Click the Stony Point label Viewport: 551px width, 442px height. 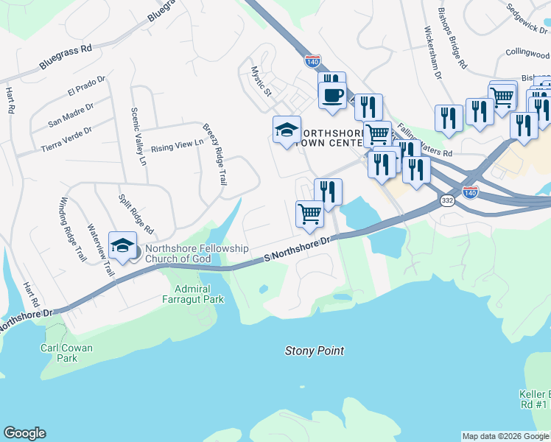314,351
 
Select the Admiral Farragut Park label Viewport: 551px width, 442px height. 194,295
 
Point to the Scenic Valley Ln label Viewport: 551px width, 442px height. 138,136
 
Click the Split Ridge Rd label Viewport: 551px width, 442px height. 136,213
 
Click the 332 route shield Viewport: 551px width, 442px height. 447,200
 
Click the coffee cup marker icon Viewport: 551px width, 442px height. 331,95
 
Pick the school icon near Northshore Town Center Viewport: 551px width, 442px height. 287,130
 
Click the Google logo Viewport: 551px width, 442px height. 24,433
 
